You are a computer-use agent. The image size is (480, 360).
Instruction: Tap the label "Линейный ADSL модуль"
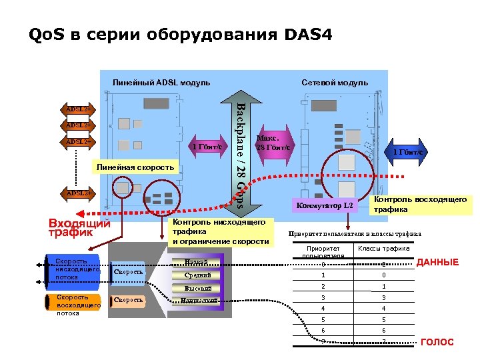[161, 83]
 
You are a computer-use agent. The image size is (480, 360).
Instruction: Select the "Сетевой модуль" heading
[334, 83]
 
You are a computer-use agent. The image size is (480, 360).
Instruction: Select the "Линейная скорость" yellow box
[135, 167]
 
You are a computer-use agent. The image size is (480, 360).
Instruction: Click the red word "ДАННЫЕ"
[437, 263]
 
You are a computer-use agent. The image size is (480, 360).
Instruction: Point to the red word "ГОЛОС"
[437, 342]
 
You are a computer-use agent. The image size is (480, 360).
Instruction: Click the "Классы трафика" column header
[383, 249]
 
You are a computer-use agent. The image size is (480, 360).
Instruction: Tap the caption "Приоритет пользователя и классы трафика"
[354, 234]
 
